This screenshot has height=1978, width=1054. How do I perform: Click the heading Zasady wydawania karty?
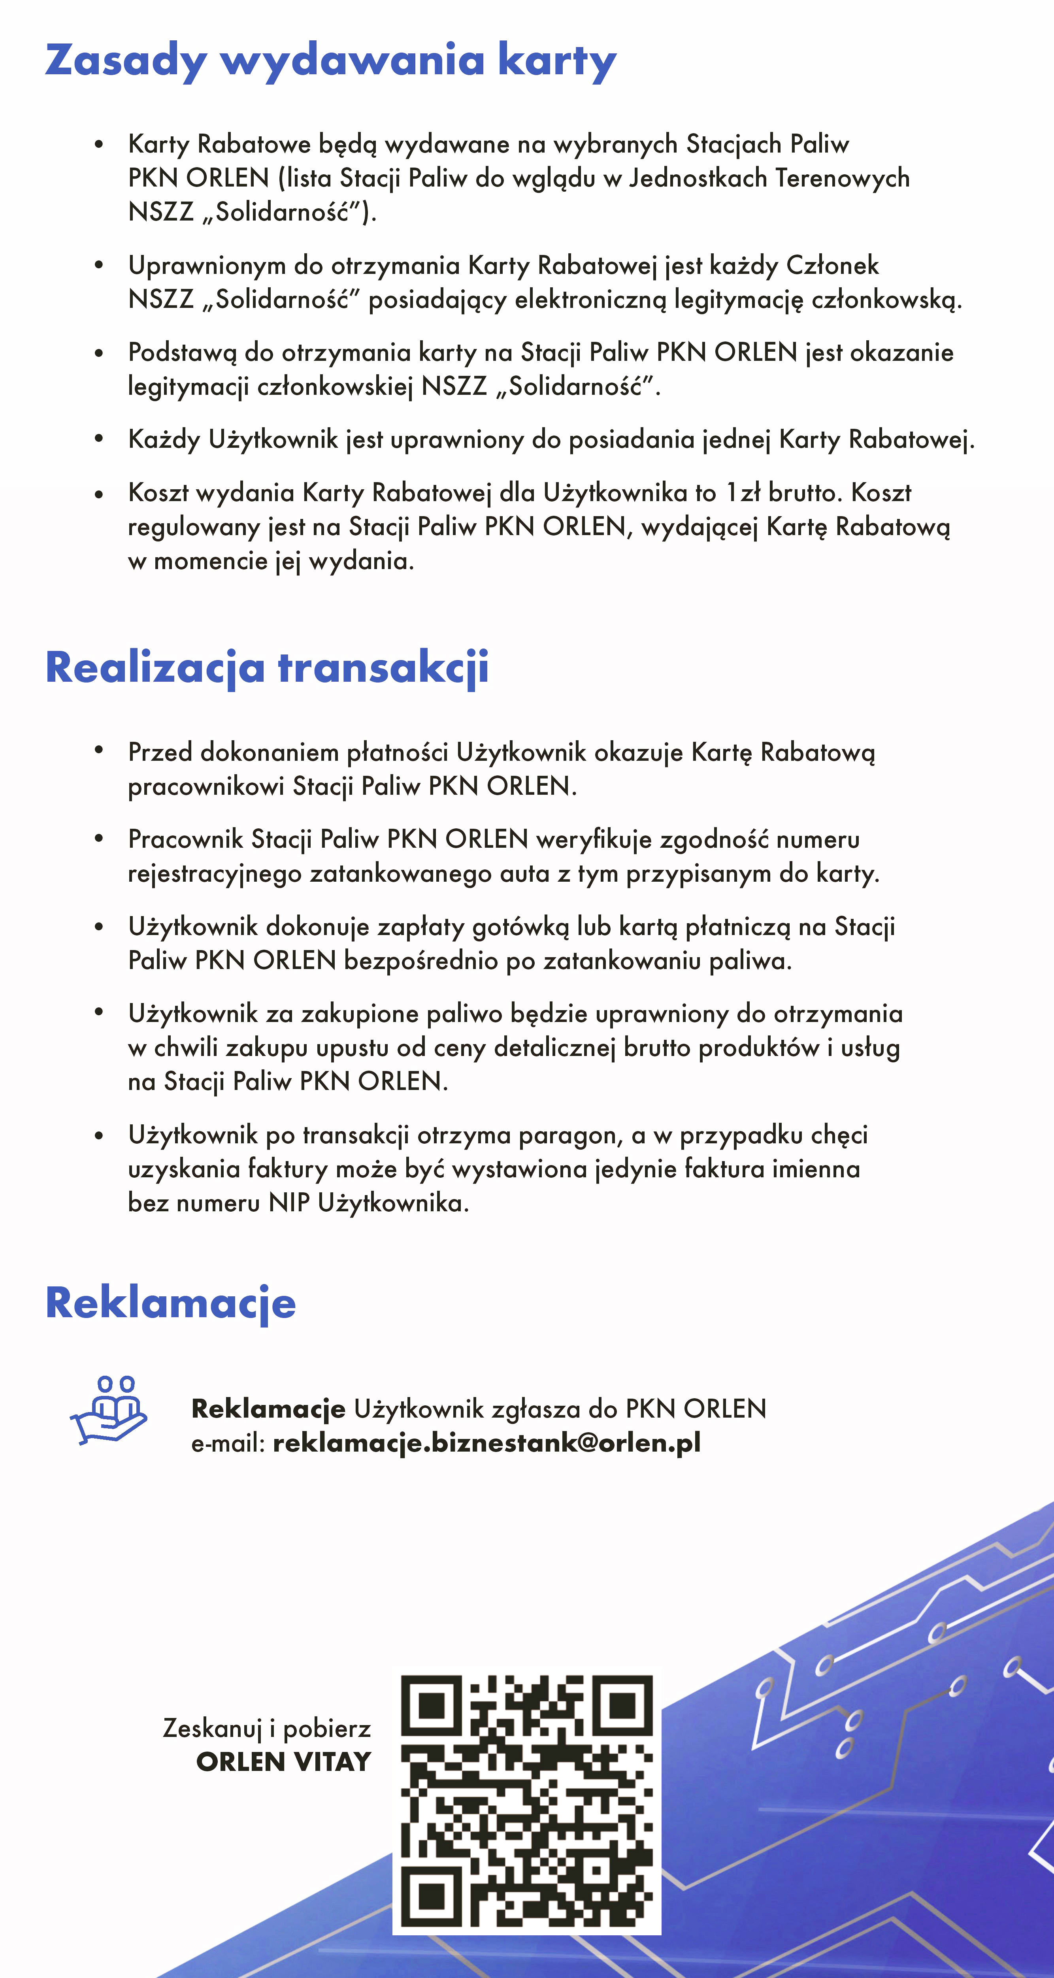click(330, 60)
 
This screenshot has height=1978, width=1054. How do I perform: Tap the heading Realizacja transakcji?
click(266, 666)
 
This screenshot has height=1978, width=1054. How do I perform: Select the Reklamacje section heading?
click(170, 1302)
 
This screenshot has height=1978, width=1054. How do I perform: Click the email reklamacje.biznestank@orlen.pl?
click(487, 1443)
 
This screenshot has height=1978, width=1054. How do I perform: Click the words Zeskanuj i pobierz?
click(266, 1728)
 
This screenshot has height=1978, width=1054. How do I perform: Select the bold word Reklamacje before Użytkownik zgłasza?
click(268, 1409)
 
